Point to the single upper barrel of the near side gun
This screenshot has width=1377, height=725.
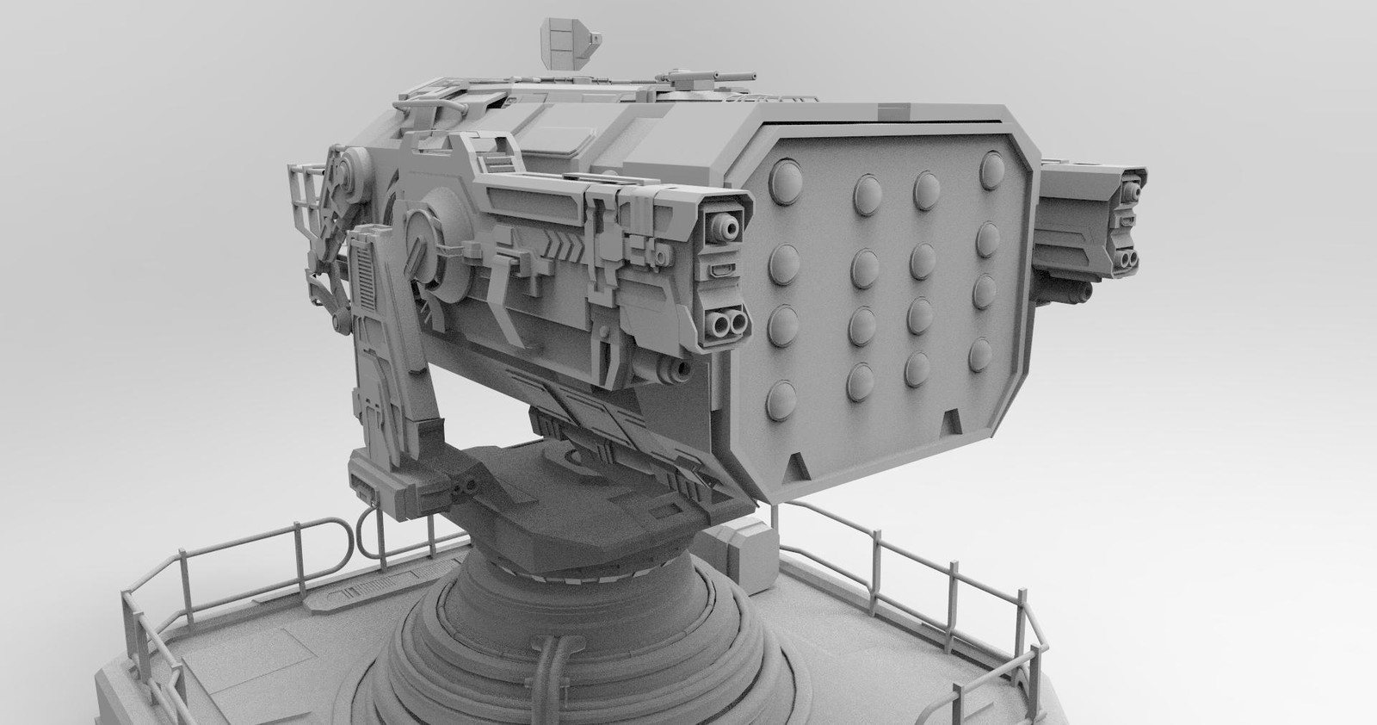pyautogui.click(x=722, y=228)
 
